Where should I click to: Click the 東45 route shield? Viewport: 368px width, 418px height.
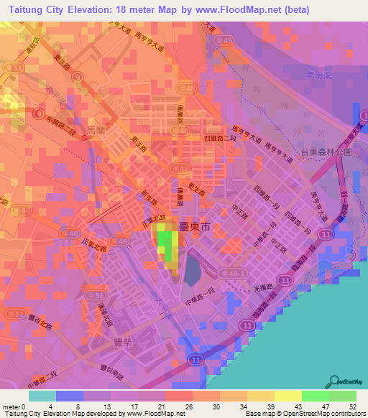[224, 41]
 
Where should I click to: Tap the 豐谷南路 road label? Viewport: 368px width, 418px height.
[110, 371]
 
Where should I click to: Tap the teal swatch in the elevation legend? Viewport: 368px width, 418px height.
[42, 396]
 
